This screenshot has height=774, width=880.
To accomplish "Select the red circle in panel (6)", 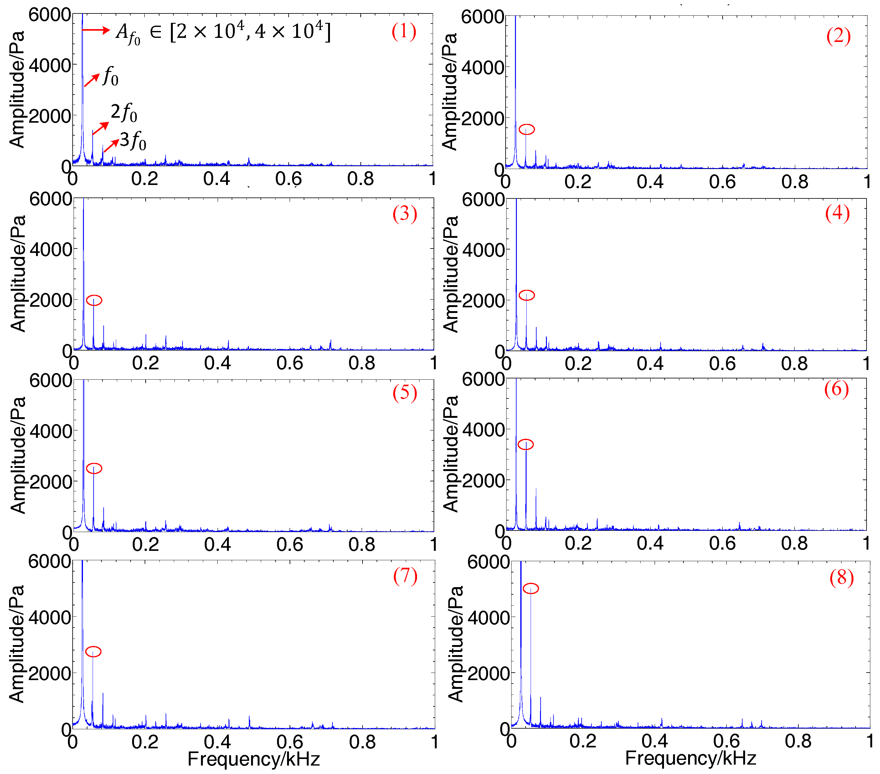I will tap(525, 444).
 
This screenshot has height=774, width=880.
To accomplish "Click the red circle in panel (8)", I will tap(530, 588).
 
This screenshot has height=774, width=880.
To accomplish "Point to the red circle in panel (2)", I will tap(527, 129).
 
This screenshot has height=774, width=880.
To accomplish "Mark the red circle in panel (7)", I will tap(93, 651).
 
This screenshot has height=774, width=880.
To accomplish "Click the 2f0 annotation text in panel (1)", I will tap(124, 112).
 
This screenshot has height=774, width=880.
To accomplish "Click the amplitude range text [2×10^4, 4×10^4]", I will tap(250, 31).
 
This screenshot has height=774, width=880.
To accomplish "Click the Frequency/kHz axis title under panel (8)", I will tap(690, 758).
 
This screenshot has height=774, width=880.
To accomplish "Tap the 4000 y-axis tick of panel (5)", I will tap(50, 431).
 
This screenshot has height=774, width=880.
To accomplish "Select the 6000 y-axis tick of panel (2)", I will tap(482, 17).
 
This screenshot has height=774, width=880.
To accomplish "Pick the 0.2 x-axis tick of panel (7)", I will tap(145, 742).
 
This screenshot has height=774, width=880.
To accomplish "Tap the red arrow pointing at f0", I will tap(92, 80).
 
